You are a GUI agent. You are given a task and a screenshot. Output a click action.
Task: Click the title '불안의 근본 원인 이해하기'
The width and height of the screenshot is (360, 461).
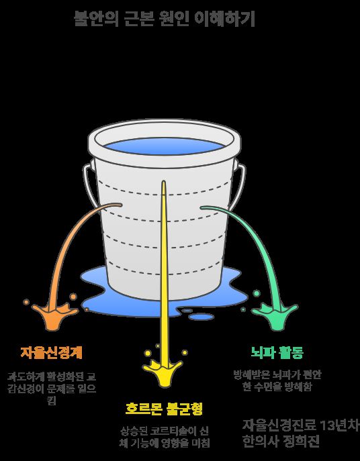click(x=165, y=19)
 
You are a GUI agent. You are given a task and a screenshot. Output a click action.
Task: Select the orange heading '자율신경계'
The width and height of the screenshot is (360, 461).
click(x=51, y=352)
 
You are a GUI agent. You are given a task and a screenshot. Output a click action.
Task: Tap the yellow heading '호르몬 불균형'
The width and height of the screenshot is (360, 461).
click(x=164, y=409)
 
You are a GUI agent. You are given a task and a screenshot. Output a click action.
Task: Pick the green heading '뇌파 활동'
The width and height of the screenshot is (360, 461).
click(x=277, y=352)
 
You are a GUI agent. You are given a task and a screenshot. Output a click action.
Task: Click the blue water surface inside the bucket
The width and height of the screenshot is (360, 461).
click(x=165, y=146)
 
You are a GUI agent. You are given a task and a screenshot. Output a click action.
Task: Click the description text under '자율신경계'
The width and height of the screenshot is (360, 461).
click(x=52, y=388)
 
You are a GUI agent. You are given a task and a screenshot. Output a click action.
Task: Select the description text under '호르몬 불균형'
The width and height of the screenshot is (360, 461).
click(x=165, y=437)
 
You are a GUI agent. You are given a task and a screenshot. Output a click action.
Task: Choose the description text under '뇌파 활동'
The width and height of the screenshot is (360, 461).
click(x=277, y=380)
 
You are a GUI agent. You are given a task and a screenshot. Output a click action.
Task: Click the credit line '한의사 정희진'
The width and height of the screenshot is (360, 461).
click(x=281, y=442)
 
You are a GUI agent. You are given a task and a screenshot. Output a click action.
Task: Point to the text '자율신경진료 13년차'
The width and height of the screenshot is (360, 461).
click(x=300, y=425)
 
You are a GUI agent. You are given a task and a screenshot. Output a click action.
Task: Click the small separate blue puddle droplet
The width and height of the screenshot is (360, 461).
click(x=201, y=317)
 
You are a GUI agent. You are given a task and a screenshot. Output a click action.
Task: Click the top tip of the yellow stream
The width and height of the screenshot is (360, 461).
click(x=163, y=181)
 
